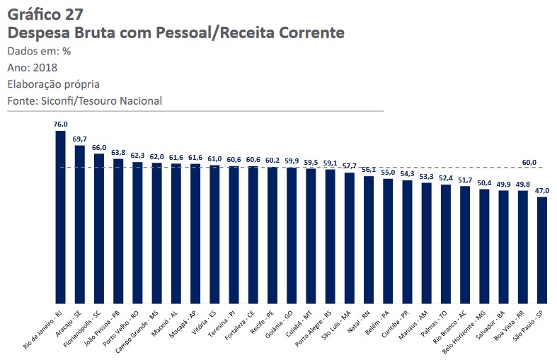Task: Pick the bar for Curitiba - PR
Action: point(407,241)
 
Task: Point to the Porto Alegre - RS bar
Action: point(330,236)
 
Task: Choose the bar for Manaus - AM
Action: point(426,243)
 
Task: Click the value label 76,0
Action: point(60,124)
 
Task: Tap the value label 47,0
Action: point(542,190)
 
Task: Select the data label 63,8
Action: point(118,152)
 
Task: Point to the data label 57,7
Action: point(350,166)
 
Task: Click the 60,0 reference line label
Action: point(529,162)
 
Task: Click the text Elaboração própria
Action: point(53,84)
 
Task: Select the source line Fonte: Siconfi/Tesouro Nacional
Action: point(84,101)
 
